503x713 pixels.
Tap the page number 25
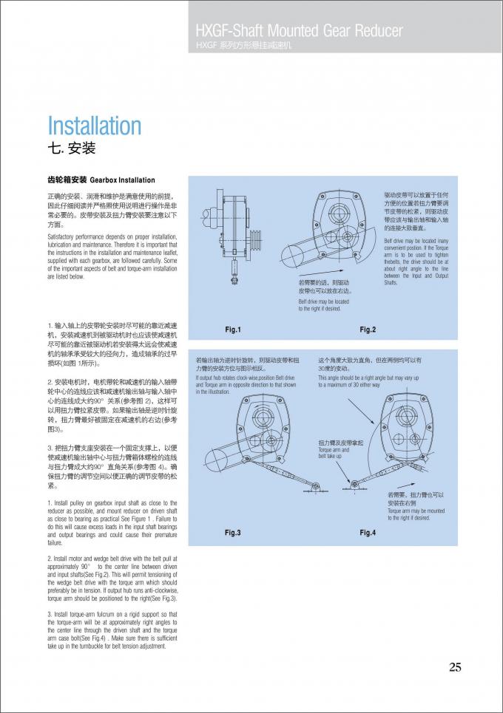click(x=455, y=667)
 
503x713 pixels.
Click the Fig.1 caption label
click(x=233, y=329)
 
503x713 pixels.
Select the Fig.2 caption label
click(x=368, y=329)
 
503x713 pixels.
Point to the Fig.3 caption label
click(x=233, y=532)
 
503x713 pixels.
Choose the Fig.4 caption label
click(x=368, y=532)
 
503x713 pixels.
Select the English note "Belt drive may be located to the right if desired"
click(x=323, y=305)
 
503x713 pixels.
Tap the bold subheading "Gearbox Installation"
click(x=123, y=180)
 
